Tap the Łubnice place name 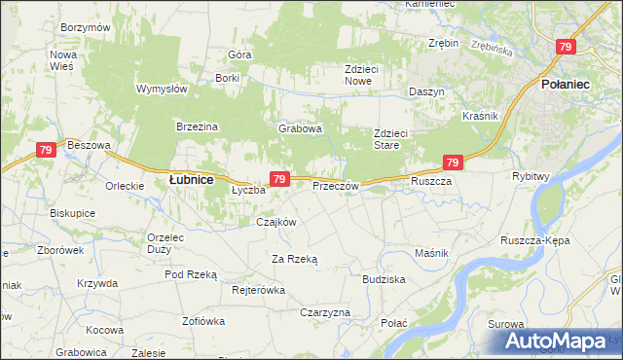coord(192,179)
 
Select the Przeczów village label coord(336,186)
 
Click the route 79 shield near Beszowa coord(45,150)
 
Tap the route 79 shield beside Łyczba coord(279,179)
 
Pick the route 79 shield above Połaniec coord(567,47)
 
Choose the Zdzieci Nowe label coord(365,75)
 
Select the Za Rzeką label coord(295,258)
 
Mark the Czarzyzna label coord(325,312)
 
